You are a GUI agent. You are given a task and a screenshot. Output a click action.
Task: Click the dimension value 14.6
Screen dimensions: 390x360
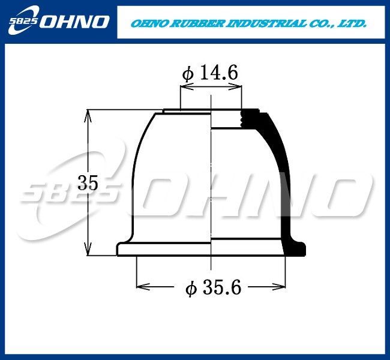219,73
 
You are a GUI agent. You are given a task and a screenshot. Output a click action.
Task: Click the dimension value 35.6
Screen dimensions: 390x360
222,287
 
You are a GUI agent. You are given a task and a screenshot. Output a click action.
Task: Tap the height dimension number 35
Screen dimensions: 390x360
88,182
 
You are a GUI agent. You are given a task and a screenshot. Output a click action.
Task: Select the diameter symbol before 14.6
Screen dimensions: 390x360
188,74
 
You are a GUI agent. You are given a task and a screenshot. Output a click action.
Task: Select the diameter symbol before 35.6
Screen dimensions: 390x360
191,289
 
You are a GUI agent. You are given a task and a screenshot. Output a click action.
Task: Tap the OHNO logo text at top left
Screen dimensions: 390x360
74,22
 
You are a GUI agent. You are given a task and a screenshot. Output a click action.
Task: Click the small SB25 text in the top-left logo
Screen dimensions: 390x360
23,21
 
